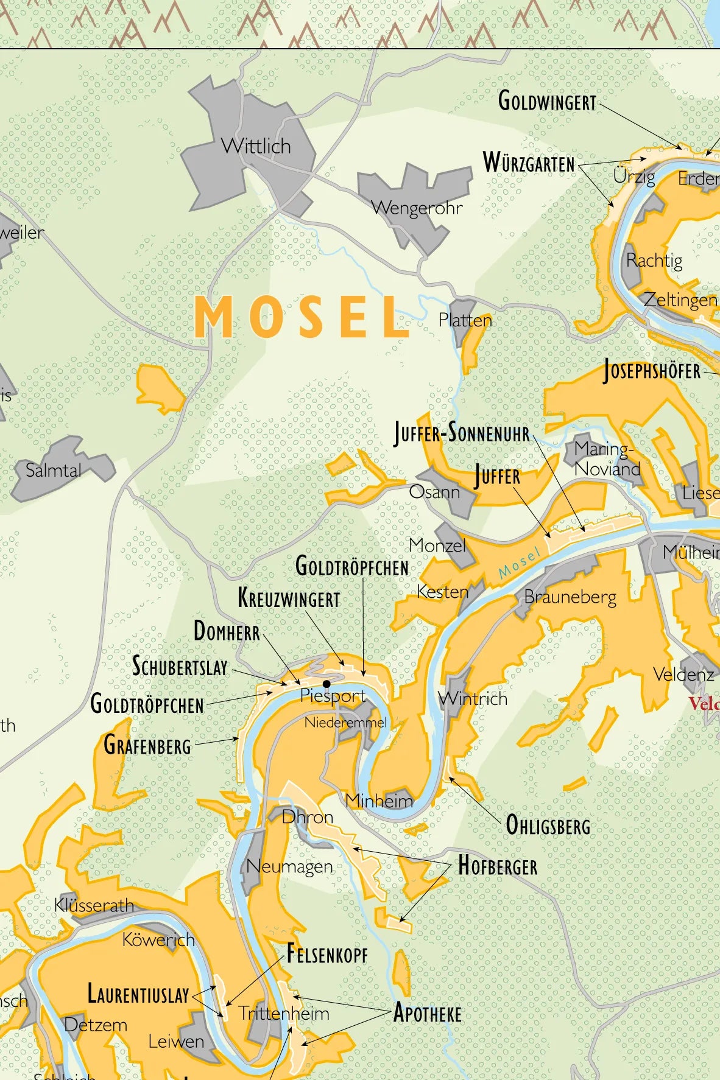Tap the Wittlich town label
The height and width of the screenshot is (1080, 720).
256,147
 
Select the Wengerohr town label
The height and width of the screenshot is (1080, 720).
417,208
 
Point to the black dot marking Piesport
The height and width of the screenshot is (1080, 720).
326,684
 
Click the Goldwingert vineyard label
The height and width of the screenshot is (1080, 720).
547,102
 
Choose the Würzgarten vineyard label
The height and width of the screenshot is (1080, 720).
529,164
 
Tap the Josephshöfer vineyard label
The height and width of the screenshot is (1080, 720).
652,371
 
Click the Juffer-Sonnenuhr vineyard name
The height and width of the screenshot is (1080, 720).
462,434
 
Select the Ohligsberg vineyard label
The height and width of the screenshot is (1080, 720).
548,826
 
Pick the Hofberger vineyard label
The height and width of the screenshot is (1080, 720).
498,866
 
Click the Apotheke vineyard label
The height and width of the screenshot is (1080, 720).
428,1014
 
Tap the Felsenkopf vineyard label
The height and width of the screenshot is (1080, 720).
328,954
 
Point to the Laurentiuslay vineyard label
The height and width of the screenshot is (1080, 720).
139,994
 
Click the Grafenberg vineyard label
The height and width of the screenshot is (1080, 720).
147,746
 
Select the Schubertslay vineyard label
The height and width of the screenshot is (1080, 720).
180,667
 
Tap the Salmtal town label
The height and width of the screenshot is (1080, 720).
54,471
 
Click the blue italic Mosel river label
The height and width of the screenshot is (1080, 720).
519,563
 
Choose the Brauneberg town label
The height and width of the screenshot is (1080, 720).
570,597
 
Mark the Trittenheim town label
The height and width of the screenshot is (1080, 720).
284,1014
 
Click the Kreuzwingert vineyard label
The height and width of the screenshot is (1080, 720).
289,598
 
